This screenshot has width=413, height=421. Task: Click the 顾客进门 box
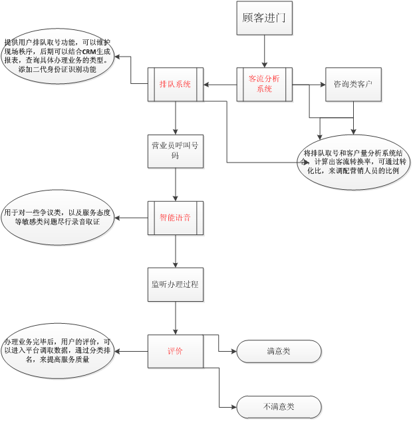(x=264, y=18)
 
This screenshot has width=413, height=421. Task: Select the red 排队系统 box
(x=175, y=85)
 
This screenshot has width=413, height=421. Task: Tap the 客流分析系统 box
(x=264, y=85)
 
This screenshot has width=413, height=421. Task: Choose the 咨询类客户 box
(x=352, y=85)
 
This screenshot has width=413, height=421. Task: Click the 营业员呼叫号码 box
(x=175, y=151)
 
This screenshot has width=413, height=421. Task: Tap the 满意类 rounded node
(x=279, y=351)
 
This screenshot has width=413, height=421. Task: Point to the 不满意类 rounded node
(x=279, y=406)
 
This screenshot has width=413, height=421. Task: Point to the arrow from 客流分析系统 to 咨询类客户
(x=309, y=85)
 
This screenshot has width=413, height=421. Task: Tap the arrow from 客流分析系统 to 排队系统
(x=219, y=85)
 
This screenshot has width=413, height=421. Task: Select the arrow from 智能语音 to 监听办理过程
(x=175, y=251)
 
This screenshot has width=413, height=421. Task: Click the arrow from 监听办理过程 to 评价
(x=175, y=318)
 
